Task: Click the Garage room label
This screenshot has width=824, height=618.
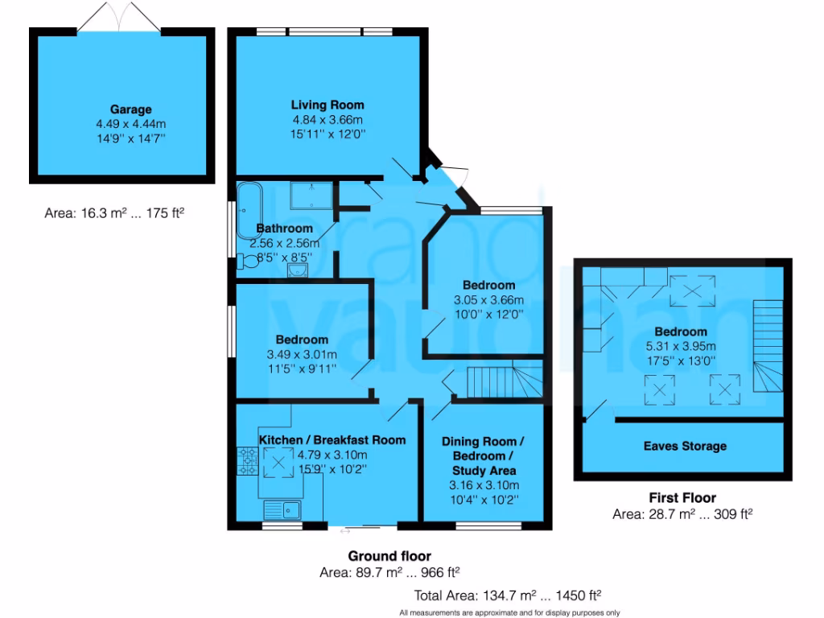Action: click(x=130, y=109)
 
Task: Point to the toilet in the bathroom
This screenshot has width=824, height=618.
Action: click(x=249, y=261)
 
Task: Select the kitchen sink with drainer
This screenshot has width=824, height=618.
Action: click(x=282, y=509)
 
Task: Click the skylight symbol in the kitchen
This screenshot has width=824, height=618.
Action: click(x=278, y=462)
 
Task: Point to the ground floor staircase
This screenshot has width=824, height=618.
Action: click(x=493, y=381)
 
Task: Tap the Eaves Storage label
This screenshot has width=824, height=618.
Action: click(x=685, y=446)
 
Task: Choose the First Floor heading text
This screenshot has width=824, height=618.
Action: click(x=682, y=498)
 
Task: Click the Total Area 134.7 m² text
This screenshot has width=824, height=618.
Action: click(x=508, y=596)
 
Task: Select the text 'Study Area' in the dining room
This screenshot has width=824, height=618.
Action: click(x=484, y=470)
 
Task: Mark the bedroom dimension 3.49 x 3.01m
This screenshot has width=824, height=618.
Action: click(x=302, y=354)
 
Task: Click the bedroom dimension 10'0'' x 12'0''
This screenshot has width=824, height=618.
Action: click(x=488, y=315)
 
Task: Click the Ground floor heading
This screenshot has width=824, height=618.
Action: click(x=389, y=556)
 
